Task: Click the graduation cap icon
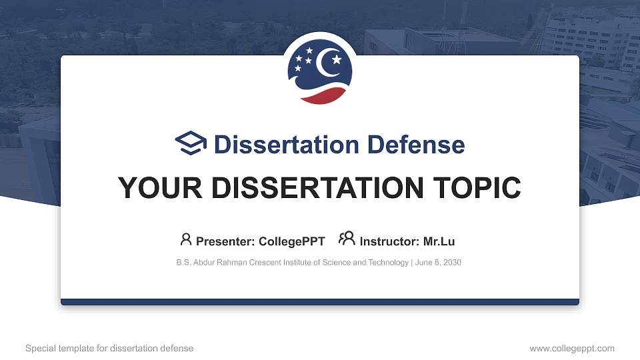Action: click(x=191, y=143)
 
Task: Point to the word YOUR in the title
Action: click(x=151, y=188)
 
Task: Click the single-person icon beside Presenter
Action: click(x=186, y=239)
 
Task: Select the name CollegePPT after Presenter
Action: click(x=293, y=241)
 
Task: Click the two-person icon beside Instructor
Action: click(x=347, y=239)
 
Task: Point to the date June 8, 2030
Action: click(x=438, y=263)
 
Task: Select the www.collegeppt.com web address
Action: click(x=572, y=348)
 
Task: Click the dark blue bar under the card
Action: click(x=320, y=302)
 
